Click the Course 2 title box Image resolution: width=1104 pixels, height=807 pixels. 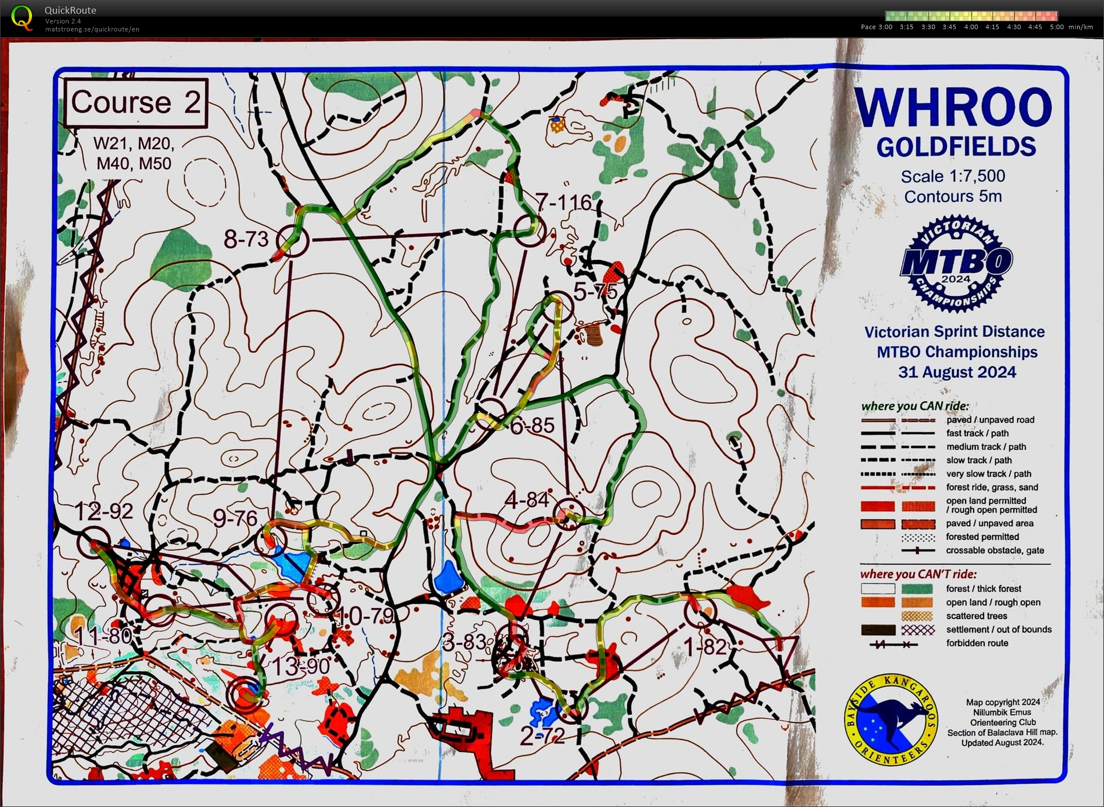(x=135, y=102)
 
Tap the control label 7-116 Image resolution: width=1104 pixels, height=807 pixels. (x=563, y=202)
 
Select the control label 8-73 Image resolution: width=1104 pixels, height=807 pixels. (x=246, y=238)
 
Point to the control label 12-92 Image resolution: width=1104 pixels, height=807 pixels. (x=103, y=511)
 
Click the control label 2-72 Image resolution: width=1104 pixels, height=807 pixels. (x=543, y=735)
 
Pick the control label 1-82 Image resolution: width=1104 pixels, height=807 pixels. (x=706, y=647)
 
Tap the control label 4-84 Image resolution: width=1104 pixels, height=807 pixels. (x=527, y=500)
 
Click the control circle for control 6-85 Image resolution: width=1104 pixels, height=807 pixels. (x=491, y=413)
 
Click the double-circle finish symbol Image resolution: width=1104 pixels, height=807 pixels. (x=245, y=694)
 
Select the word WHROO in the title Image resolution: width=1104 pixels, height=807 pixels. (x=953, y=108)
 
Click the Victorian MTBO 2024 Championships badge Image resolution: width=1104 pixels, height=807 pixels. (x=956, y=264)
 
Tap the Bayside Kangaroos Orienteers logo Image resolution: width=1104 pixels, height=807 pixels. (x=891, y=719)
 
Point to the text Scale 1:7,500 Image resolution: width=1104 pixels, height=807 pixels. (x=952, y=176)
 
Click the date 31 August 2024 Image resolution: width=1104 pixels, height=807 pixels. (x=957, y=372)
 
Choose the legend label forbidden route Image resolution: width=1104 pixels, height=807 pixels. (x=977, y=643)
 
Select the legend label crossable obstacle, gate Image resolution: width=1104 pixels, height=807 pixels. (x=995, y=550)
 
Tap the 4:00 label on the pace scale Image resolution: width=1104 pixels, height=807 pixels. (x=971, y=27)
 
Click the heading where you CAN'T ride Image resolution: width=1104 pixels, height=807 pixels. (x=918, y=574)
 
